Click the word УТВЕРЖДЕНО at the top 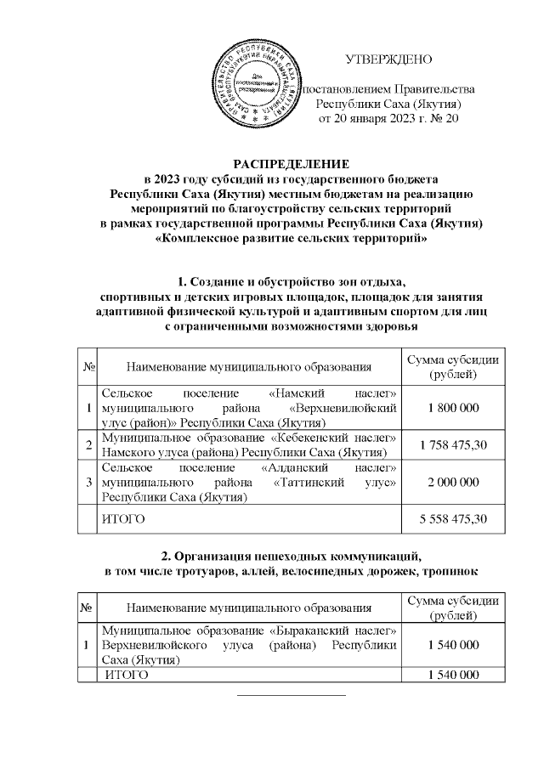click(x=388, y=59)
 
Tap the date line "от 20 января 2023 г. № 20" click(x=388, y=118)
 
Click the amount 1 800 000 click(x=453, y=409)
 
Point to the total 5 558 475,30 click(x=453, y=517)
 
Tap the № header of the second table click(x=88, y=608)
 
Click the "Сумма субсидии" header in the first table click(x=453, y=367)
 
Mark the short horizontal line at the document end click(x=291, y=695)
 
